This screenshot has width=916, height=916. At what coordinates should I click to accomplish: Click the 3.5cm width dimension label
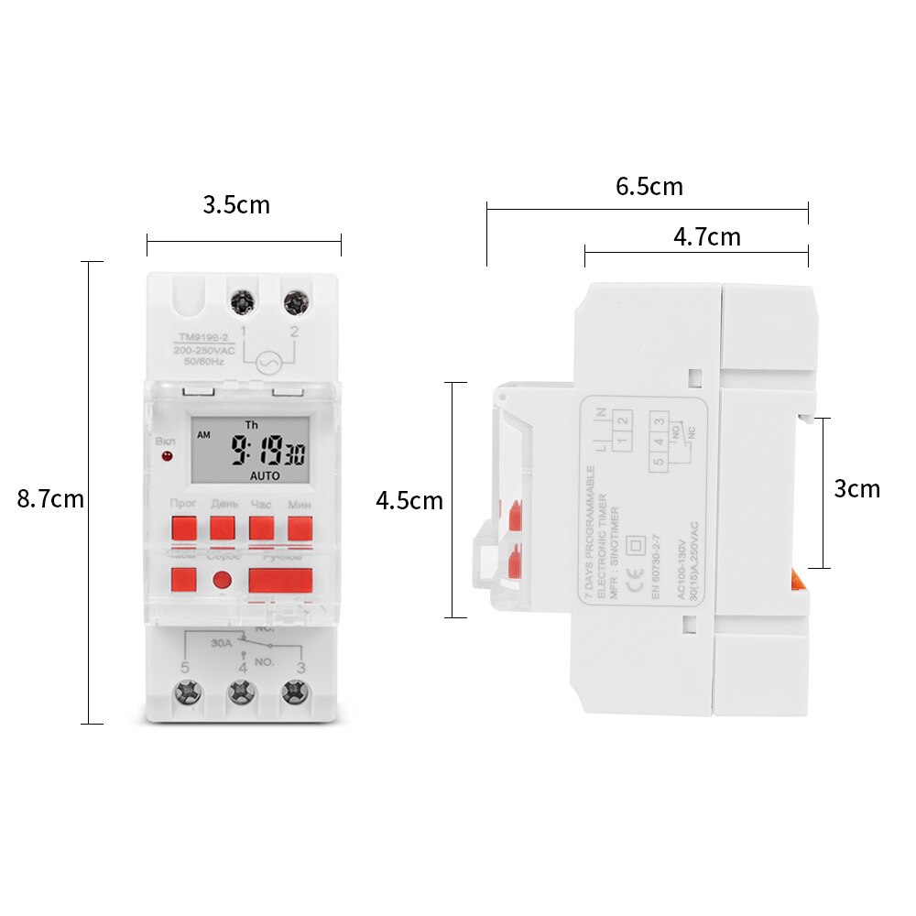tap(236, 204)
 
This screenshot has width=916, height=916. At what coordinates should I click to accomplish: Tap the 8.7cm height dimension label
tap(50, 499)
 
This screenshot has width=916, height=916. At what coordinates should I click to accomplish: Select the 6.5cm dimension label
tap(649, 187)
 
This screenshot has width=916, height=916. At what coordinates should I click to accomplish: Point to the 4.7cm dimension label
tap(706, 237)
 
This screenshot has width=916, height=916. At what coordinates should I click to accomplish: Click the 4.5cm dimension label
tap(409, 501)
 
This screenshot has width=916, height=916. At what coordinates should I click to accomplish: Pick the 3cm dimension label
tap(856, 489)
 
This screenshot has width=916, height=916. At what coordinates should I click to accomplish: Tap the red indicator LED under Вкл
tap(167, 455)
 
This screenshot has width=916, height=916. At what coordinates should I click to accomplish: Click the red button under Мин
tap(300, 529)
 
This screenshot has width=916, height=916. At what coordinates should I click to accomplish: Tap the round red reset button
tap(223, 579)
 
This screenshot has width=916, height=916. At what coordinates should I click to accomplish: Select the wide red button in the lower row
tap(280, 580)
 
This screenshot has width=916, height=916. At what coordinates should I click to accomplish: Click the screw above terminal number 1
tap(244, 301)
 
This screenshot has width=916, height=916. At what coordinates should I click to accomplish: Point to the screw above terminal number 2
tap(295, 301)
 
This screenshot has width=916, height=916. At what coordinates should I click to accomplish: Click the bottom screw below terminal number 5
tap(187, 692)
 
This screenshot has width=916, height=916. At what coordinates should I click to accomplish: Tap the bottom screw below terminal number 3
tap(294, 692)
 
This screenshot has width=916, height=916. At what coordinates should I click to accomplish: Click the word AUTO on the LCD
tap(265, 476)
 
